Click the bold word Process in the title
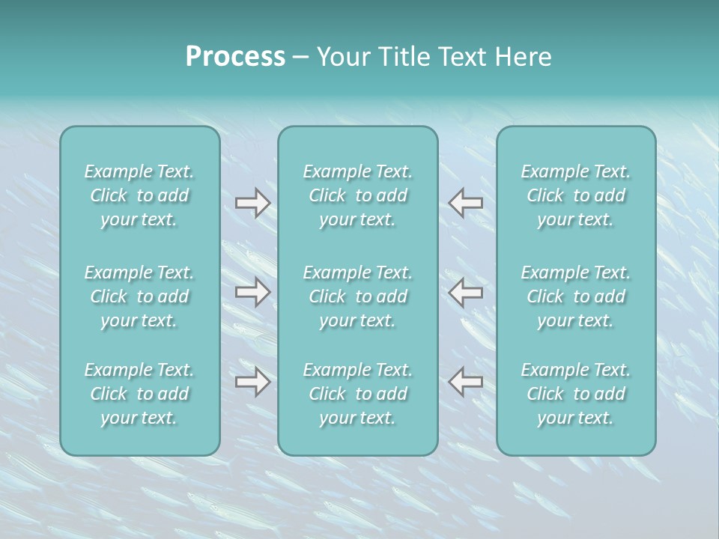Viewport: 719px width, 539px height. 235,57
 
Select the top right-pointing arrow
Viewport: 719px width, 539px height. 252,203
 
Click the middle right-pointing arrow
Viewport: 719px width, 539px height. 252,293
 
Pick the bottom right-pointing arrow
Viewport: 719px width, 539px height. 252,382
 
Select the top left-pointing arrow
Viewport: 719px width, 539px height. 465,203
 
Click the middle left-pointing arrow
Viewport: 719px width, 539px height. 465,293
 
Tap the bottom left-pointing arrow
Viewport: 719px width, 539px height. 465,382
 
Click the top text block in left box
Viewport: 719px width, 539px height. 139,195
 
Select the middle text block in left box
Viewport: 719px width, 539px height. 139,296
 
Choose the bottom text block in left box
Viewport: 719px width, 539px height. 139,394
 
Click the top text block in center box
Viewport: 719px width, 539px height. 358,195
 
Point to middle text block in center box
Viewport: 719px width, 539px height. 358,296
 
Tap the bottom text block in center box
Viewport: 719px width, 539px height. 358,394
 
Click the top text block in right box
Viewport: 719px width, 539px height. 576,195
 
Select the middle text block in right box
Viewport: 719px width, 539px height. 576,296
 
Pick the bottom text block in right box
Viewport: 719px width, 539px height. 576,394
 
